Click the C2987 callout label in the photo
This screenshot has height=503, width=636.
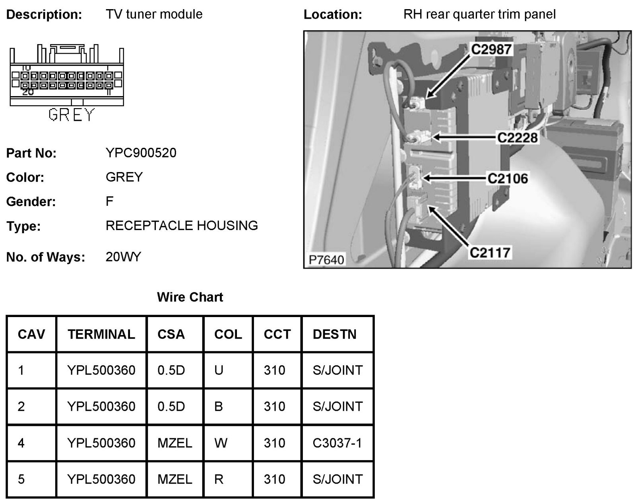492,49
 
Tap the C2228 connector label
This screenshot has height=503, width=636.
518,137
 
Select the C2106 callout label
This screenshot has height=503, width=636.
508,178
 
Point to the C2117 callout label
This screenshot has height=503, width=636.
490,252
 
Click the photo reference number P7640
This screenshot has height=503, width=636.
326,260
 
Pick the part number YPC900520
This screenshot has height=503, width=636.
141,153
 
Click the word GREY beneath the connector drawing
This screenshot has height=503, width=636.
72,115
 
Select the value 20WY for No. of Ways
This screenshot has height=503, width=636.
123,257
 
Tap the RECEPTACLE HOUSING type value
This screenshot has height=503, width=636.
182,226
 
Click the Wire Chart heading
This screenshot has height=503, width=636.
190,297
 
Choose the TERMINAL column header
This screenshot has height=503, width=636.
101,334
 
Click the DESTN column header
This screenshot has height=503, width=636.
334,334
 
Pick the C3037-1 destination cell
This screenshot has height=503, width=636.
337,443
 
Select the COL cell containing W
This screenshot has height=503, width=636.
221,443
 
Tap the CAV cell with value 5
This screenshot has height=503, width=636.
21,479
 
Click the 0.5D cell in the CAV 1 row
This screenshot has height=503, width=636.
171,370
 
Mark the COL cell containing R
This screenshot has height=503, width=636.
219,479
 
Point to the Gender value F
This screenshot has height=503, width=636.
110,201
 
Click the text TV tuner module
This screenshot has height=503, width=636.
154,14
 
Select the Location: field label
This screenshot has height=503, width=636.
333,15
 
